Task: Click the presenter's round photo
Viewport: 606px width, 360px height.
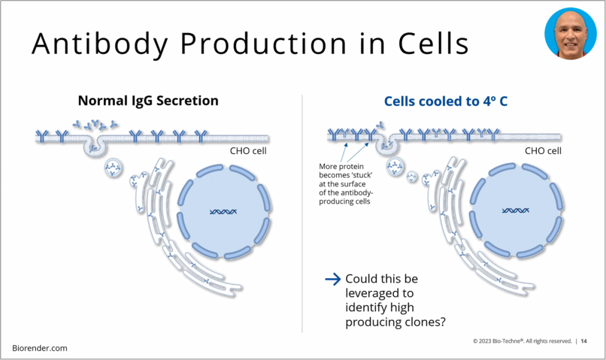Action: tap(570, 33)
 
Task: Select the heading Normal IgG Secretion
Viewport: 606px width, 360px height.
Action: tap(148, 101)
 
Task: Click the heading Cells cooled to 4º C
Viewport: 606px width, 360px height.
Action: tap(446, 101)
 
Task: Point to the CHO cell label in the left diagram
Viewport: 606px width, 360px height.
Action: tap(248, 151)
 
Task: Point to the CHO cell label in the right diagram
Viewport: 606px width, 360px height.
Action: tap(543, 151)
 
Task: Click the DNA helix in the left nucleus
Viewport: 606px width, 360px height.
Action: tap(223, 212)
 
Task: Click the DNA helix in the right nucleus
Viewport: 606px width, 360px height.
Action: tap(515, 211)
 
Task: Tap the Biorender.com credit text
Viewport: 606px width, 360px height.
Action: tap(40, 348)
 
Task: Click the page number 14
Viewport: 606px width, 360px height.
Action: tap(584, 341)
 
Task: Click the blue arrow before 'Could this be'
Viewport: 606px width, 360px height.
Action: tap(333, 279)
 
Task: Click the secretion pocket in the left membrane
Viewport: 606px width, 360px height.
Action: tap(95, 145)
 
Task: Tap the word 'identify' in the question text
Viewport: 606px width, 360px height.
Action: tap(366, 307)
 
